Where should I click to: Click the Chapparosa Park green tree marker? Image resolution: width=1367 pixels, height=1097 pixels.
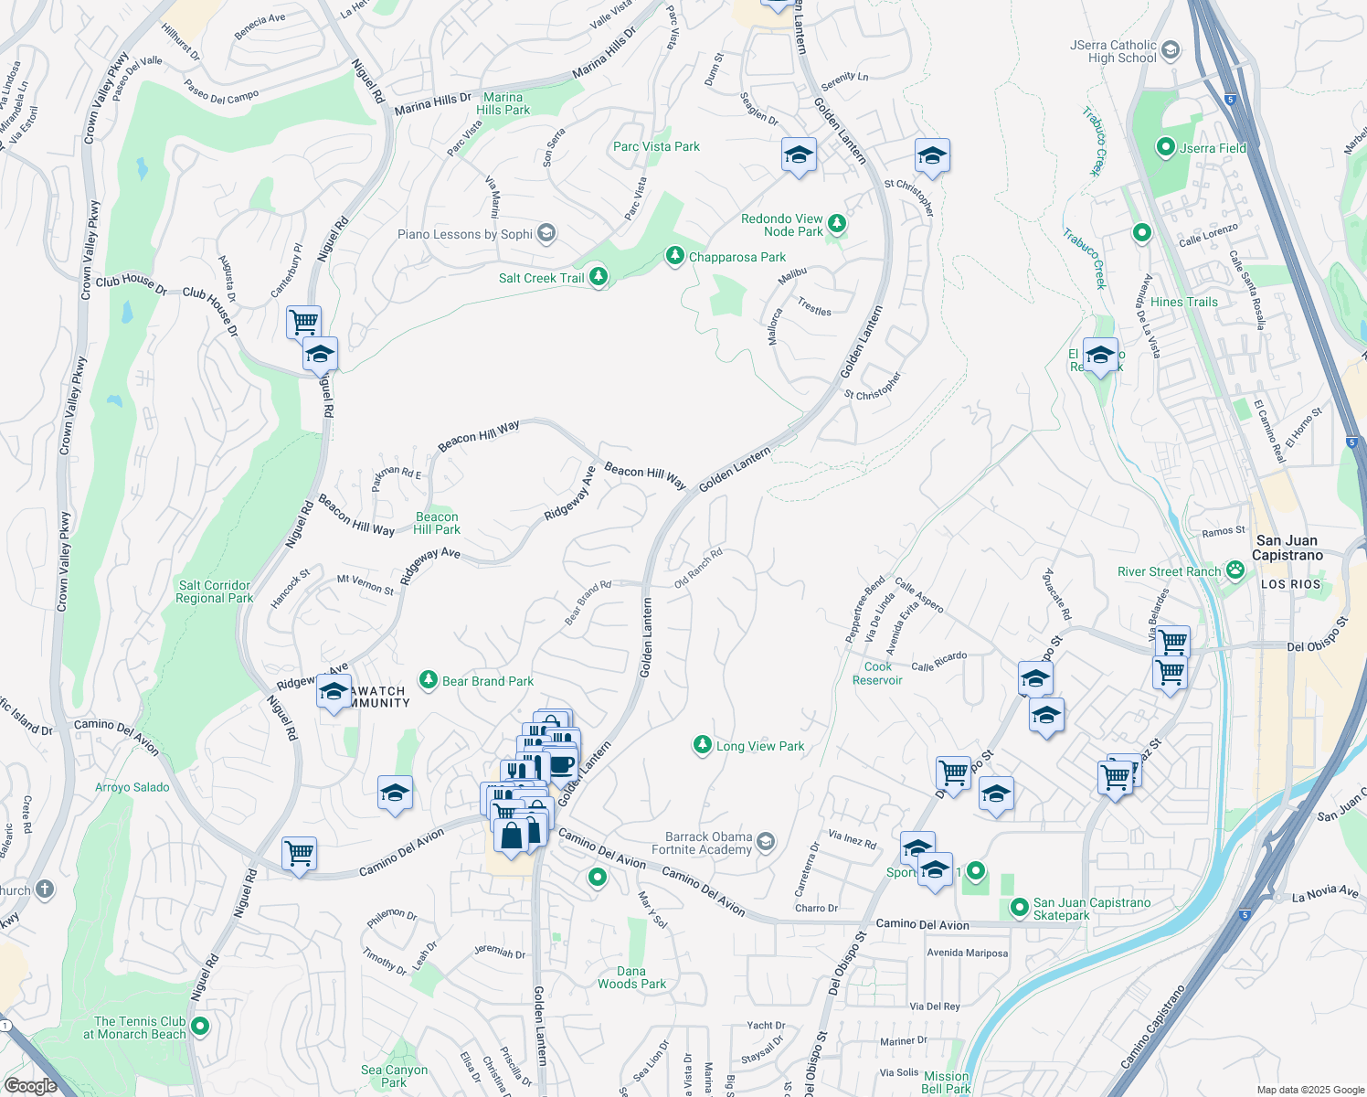(674, 257)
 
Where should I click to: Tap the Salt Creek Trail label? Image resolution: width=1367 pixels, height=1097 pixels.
(541, 278)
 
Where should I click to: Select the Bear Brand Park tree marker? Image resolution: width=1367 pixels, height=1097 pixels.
(428, 680)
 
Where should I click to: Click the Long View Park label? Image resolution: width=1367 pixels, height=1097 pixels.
(760, 746)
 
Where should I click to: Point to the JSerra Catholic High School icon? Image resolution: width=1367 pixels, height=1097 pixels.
(1174, 50)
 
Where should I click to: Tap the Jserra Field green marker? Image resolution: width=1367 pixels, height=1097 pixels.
(1165, 147)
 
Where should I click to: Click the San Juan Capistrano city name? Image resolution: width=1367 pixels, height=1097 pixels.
(1287, 548)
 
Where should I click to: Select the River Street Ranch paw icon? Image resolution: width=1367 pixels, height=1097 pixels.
(1235, 570)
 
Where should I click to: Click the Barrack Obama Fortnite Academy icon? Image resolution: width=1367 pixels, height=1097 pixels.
(766, 841)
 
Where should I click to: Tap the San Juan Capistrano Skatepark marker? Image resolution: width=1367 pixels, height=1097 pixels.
(1020, 908)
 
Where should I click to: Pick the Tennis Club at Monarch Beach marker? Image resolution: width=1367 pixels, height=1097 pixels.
(199, 1027)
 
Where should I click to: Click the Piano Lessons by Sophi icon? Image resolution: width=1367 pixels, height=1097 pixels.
(546, 233)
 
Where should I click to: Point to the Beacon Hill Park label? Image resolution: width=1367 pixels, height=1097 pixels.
(437, 523)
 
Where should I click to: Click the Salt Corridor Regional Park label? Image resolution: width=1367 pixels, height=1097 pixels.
(214, 591)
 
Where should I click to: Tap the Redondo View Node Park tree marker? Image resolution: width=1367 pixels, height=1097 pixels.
(836, 224)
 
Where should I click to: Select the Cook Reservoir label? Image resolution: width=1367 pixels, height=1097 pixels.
(877, 673)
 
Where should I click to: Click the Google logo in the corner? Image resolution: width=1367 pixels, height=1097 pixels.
(30, 1085)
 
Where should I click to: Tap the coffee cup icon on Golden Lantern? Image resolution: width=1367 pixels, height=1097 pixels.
(561, 764)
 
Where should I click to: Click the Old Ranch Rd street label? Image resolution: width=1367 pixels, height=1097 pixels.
(698, 568)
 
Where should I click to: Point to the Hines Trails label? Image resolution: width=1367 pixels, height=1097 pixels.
(1183, 302)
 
